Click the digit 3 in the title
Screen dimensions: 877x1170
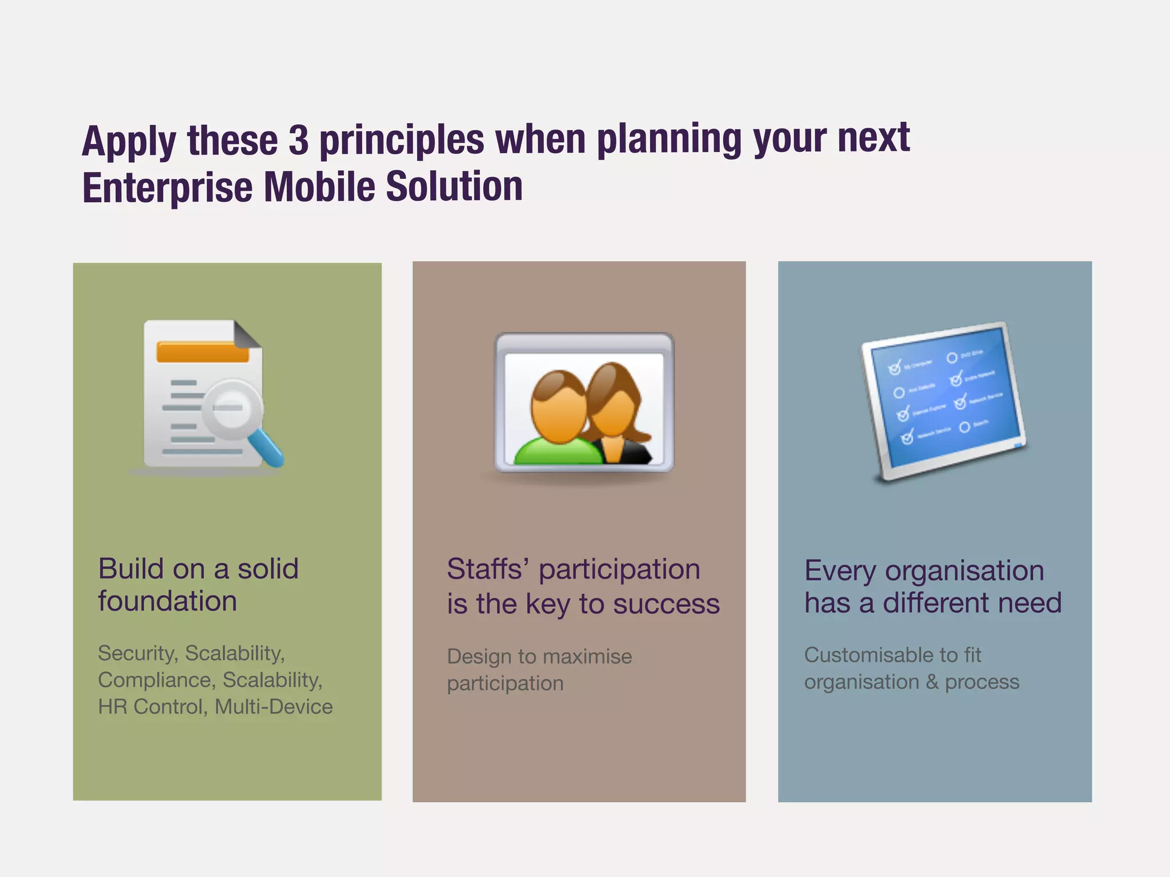(298, 140)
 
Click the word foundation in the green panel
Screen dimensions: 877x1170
(167, 601)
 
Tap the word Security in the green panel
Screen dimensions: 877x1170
(137, 653)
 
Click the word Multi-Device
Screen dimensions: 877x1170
(274, 707)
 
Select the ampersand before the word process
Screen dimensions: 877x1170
(932, 682)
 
